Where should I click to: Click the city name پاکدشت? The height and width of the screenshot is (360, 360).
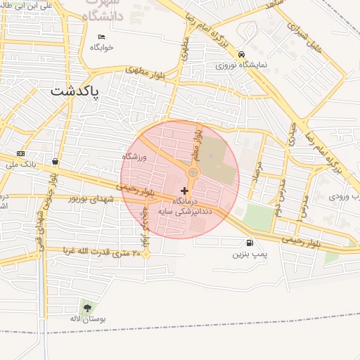[x=75, y=91]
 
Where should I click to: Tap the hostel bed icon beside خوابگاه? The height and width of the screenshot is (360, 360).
[x=102, y=37]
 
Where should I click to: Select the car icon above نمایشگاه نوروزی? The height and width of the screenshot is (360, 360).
[x=241, y=54]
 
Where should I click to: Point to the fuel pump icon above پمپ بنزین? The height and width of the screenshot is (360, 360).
[x=251, y=243]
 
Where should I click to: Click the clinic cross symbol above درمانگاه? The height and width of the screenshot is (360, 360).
[x=184, y=191]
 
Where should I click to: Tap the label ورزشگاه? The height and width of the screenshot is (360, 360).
[x=134, y=157]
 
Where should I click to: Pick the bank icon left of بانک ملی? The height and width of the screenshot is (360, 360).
[x=20, y=154]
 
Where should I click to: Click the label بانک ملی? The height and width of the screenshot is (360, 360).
[x=20, y=165]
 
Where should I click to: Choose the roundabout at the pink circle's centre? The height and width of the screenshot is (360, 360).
[x=193, y=172]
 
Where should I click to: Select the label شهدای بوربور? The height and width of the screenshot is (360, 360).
[x=93, y=199]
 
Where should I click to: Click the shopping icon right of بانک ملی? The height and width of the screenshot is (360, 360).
[x=55, y=161]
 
